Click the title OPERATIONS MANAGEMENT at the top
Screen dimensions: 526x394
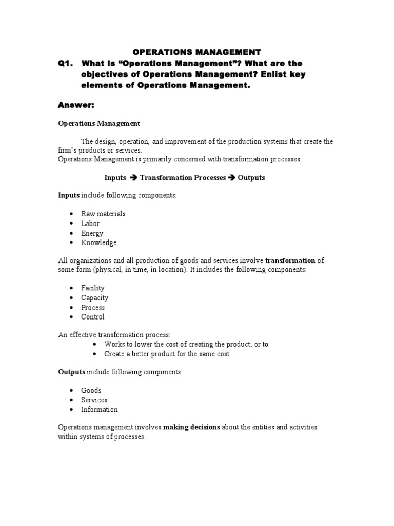pyautogui.click(x=197, y=52)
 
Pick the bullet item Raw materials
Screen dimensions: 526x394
pyautogui.click(x=103, y=214)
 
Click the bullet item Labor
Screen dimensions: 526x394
pyautogui.click(x=90, y=223)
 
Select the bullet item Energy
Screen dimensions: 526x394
pyautogui.click(x=92, y=233)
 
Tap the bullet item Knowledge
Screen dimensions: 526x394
pyautogui.click(x=99, y=242)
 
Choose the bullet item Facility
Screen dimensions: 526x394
pyautogui.click(x=93, y=288)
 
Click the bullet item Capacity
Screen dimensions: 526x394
pyautogui.click(x=95, y=298)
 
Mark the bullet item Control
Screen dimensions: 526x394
pyautogui.click(x=93, y=317)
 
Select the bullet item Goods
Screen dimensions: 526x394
pyautogui.click(x=91, y=390)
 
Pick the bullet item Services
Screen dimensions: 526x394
pyautogui.click(x=94, y=400)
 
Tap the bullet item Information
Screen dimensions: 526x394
pyautogui.click(x=100, y=409)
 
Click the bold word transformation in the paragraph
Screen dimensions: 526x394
pyautogui.click(x=290, y=260)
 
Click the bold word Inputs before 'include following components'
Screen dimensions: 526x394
pyautogui.click(x=69, y=196)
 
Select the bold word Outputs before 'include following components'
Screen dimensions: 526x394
pyautogui.click(x=71, y=372)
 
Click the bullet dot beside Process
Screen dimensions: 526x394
pyautogui.click(x=71, y=308)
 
